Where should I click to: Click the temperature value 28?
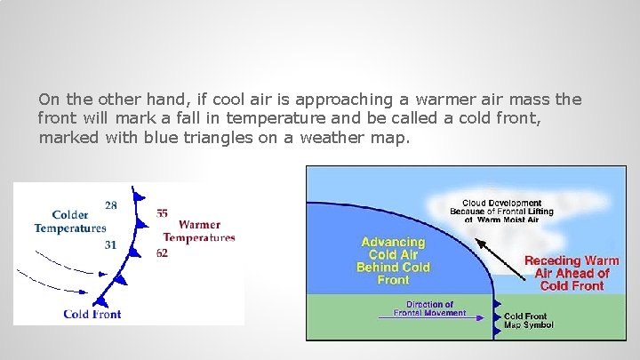[110, 205]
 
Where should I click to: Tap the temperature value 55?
[162, 213]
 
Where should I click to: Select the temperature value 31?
[110, 244]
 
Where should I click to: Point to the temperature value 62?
[162, 253]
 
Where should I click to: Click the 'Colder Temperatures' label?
[70, 221]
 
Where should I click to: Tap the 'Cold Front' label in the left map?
[92, 314]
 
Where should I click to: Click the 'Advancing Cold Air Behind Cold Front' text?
[393, 260]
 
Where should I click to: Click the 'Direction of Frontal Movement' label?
[430, 308]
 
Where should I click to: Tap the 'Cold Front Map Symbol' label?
[528, 320]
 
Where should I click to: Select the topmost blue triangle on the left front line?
[136, 193]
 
